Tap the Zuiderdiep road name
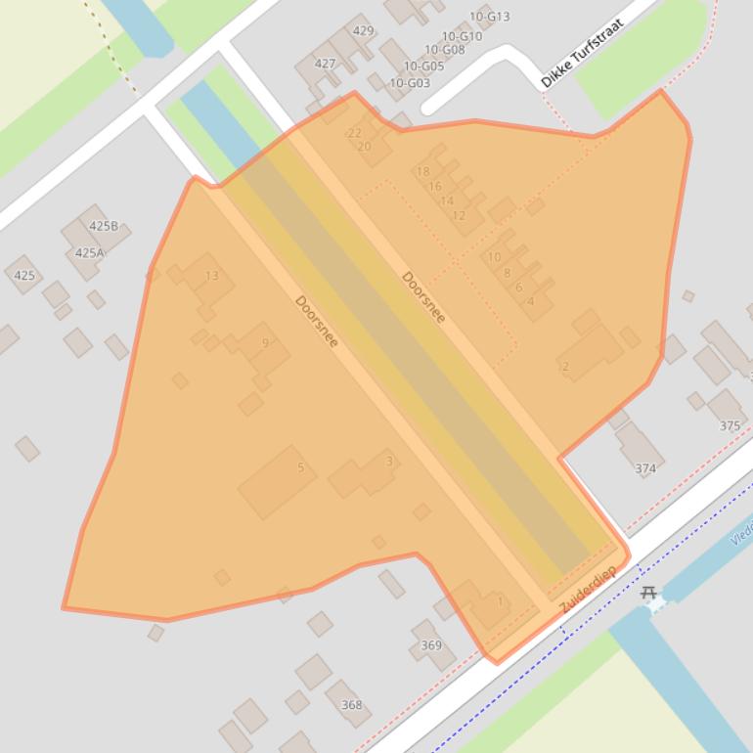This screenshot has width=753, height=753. click(588, 591)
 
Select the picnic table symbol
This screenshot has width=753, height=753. click(647, 592)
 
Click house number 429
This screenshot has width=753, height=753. click(363, 30)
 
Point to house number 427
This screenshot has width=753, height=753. click(325, 64)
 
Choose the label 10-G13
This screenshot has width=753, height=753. click(489, 17)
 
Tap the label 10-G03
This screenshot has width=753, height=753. click(410, 83)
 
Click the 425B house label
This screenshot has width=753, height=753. click(103, 226)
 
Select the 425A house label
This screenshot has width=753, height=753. click(89, 252)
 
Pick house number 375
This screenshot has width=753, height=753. click(730, 425)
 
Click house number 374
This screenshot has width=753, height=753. click(644, 468)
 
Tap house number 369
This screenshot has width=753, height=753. click(430, 644)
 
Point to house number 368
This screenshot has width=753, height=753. click(351, 704)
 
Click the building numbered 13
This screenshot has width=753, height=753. click(211, 276)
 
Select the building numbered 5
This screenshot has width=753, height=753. click(300, 467)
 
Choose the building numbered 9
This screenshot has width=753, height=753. click(265, 342)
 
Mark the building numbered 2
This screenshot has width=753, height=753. click(565, 367)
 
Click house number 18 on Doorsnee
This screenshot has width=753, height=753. click(422, 171)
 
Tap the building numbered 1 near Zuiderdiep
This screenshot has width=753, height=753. click(500, 600)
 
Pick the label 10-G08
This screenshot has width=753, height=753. click(444, 50)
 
